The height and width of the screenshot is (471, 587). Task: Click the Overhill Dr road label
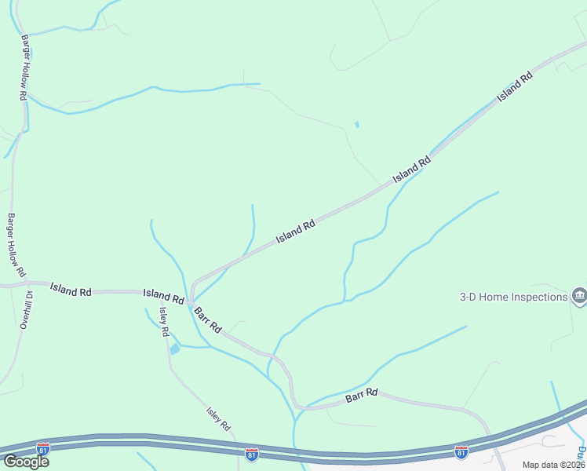25,310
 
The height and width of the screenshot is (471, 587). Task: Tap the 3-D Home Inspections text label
513,297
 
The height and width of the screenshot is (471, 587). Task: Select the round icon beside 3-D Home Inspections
579,295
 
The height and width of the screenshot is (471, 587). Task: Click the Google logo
25,462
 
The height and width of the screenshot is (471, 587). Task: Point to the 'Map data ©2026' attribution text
554,465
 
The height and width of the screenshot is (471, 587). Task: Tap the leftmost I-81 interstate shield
43,448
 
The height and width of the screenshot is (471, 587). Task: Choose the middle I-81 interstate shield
252,455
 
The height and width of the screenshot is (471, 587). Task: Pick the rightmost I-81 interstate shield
461,452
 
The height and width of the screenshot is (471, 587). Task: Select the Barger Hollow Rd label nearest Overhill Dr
16,245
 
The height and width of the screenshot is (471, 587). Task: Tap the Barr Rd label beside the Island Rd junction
208,318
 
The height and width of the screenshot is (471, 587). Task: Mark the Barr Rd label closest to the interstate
362,397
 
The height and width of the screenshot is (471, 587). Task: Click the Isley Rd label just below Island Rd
164,321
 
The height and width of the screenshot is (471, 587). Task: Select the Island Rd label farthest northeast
514,87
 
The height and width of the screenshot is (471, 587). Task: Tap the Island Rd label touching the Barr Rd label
163,296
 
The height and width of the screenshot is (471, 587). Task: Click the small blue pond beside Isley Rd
174,349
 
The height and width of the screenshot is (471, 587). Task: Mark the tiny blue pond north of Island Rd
357,124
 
